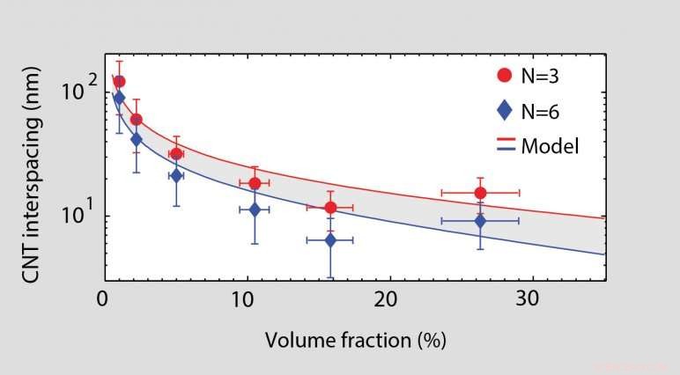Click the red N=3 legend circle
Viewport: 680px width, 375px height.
point(503,76)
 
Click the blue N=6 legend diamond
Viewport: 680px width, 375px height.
point(503,110)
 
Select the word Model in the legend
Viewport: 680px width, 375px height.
point(550,146)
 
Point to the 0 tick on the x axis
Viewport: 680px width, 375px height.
point(103,299)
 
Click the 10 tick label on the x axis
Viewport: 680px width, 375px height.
point(242,299)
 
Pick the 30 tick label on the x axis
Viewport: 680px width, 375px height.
point(526,299)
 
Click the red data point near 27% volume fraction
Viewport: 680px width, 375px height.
point(480,193)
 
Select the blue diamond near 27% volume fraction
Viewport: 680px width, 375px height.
point(480,221)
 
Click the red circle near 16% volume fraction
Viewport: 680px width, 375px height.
point(330,208)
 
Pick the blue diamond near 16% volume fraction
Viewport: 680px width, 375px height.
point(330,239)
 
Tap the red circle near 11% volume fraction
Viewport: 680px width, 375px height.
point(255,183)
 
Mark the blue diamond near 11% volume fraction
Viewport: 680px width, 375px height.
point(255,210)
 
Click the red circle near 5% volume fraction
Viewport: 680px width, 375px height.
point(176,154)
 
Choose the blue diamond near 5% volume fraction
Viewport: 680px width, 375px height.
point(176,175)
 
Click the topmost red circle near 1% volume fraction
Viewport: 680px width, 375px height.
point(119,81)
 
